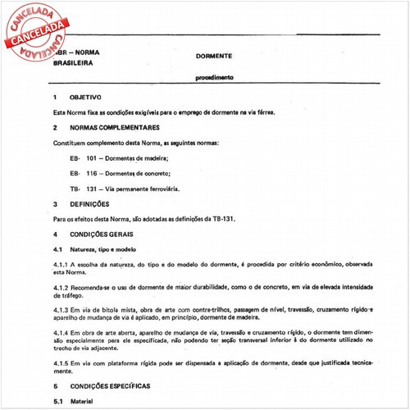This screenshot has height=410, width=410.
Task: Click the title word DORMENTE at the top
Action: [214, 56]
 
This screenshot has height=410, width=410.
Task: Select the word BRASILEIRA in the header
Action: [73, 62]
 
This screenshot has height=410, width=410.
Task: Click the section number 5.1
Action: [58, 401]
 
